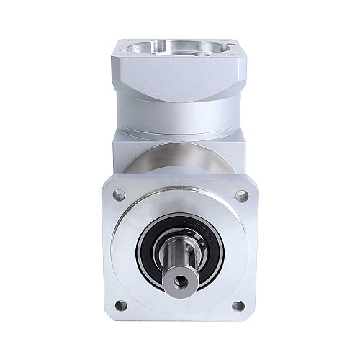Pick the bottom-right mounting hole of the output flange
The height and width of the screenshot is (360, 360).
click(238, 305)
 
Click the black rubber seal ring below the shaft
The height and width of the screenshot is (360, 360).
click(180, 287)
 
